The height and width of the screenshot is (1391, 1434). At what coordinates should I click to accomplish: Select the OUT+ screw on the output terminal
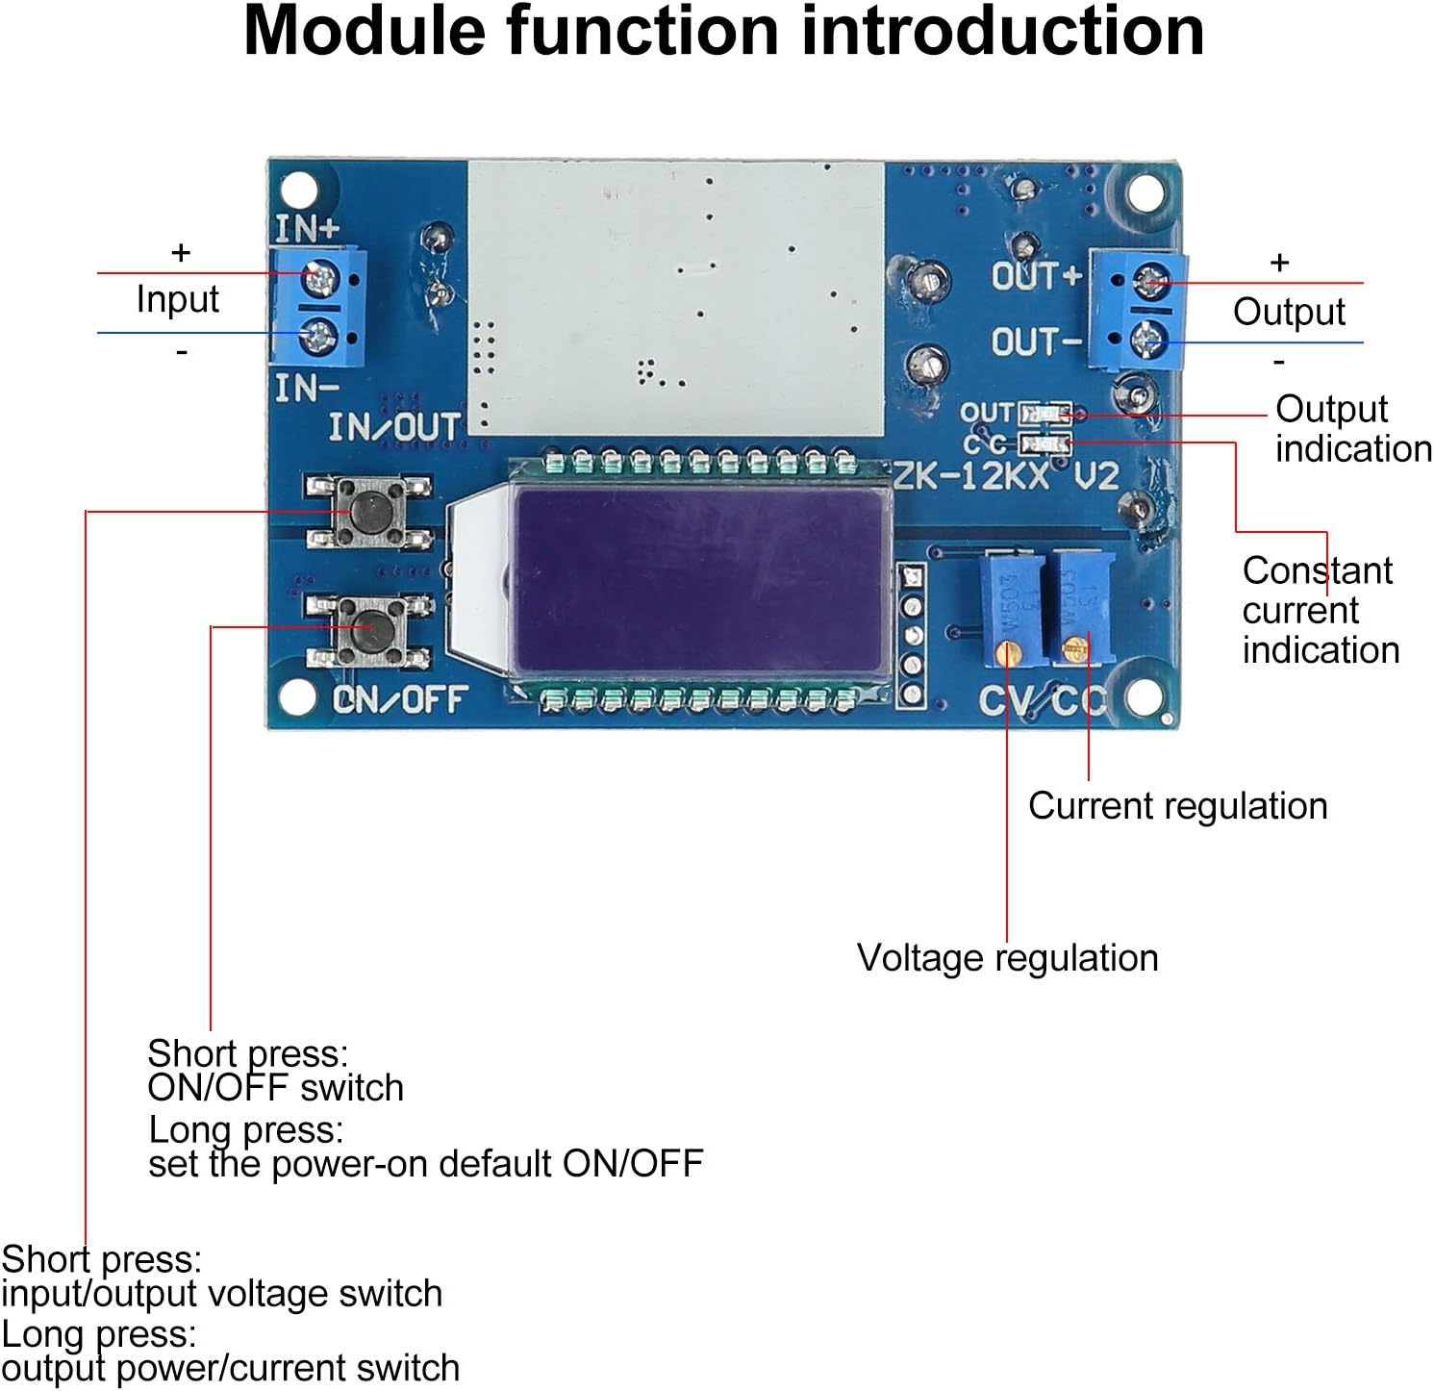(1150, 282)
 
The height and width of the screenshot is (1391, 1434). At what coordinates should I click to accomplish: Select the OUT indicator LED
(1045, 414)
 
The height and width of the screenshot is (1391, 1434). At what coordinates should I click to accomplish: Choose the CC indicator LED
(1046, 443)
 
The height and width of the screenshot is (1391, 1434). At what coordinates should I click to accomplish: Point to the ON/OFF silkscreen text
(400, 699)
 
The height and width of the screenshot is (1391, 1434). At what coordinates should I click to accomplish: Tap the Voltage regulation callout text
(1007, 958)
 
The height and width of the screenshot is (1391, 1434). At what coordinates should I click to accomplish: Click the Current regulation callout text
(1177, 806)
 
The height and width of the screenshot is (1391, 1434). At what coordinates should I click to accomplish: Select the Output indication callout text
(1351, 429)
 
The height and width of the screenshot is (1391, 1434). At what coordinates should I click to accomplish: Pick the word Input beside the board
(177, 299)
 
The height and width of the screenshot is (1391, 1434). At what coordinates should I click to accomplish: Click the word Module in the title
(366, 31)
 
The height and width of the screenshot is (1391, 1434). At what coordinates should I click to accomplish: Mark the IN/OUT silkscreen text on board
(394, 427)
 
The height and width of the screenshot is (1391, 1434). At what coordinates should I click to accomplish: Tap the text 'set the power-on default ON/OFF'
(426, 1164)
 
